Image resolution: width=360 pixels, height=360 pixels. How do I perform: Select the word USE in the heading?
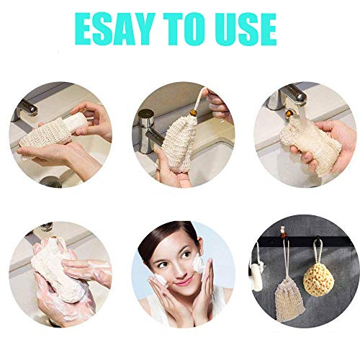tap(246, 29)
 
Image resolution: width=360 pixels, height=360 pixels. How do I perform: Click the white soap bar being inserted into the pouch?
tap(76, 123)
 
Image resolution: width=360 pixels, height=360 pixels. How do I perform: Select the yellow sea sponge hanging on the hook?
tap(318, 280)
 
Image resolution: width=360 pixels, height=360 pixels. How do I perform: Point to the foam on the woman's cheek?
tap(199, 264)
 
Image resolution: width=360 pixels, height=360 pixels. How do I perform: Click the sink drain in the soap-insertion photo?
tap(51, 181)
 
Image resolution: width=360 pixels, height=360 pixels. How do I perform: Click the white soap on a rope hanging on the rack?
tap(257, 276)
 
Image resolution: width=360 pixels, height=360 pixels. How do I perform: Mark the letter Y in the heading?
tap(142, 29)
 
